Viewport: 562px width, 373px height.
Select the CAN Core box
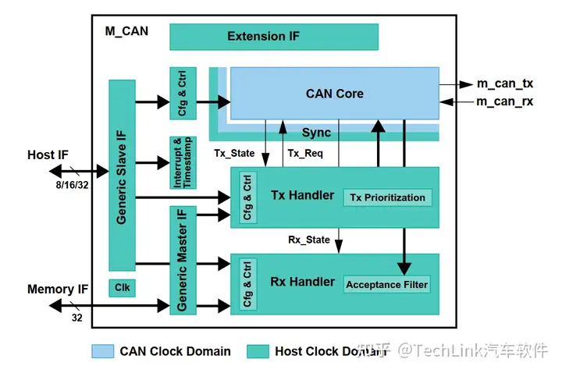334,94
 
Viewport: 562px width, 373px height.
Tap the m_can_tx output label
505,83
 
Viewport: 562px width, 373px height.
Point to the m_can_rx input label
505,101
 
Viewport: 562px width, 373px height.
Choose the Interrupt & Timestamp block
182,162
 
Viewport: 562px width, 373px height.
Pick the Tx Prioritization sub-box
388,197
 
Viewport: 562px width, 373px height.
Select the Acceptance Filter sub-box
387,284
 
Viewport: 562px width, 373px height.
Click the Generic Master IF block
183,260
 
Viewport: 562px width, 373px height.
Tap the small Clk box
122,288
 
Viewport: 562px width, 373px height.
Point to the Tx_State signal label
234,154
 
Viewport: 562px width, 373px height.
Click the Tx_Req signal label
306,154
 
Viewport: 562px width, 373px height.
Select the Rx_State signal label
309,240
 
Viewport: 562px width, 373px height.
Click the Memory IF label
58,290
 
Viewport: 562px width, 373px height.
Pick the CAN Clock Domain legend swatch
103,351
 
